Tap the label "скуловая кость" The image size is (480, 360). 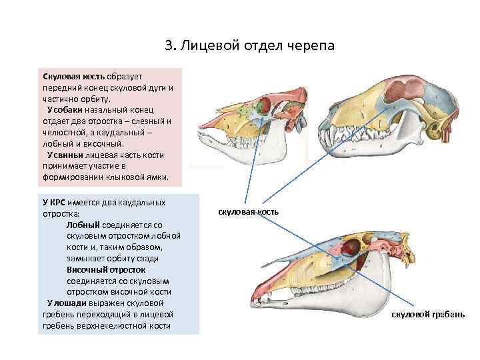(249, 212)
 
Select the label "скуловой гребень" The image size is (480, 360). (427, 313)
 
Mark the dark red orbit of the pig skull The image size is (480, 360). (264, 105)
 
